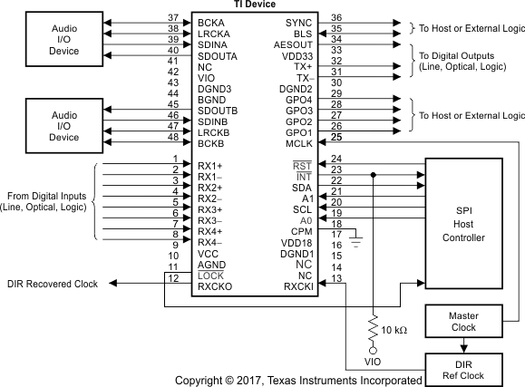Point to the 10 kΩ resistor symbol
point(372,326)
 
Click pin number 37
point(173,17)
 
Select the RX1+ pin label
point(210,165)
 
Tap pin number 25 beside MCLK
point(336,137)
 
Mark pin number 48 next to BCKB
point(173,137)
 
